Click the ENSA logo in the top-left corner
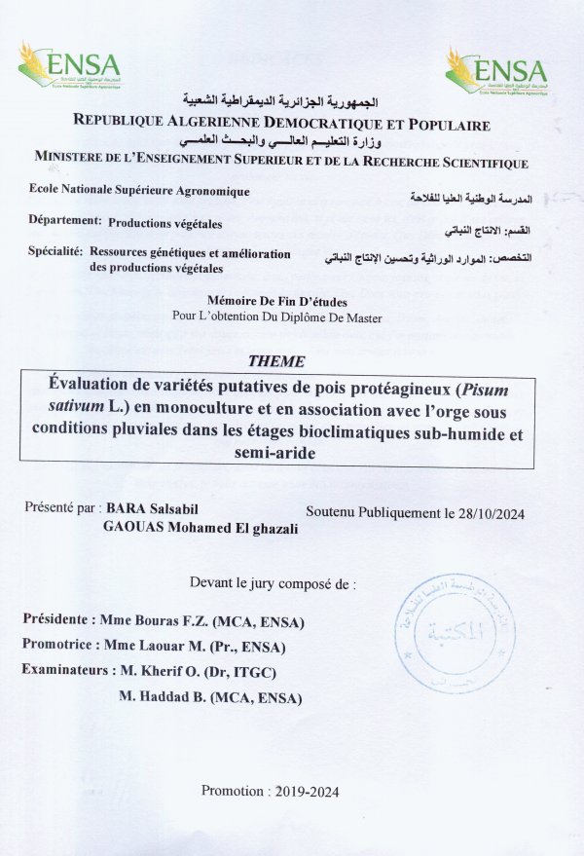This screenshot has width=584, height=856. pyautogui.click(x=69, y=67)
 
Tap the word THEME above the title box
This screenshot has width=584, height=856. pyautogui.click(x=275, y=360)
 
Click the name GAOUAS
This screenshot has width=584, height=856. pyautogui.click(x=132, y=527)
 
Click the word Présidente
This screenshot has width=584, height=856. pyautogui.click(x=57, y=620)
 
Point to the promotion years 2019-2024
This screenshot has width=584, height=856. pyautogui.click(x=303, y=791)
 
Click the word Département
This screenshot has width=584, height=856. pyautogui.click(x=65, y=221)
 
